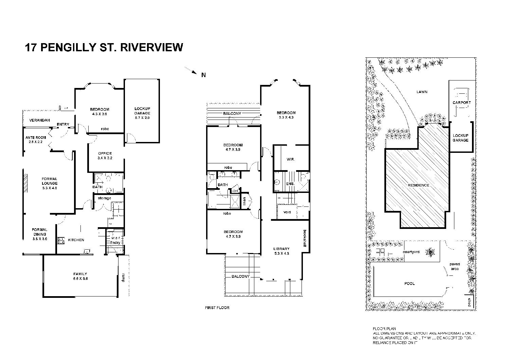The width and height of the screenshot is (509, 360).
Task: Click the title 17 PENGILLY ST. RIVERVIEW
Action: click(104, 47)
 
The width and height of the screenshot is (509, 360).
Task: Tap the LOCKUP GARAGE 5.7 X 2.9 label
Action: click(142, 113)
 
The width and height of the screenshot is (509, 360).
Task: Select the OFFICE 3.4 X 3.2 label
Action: click(105, 156)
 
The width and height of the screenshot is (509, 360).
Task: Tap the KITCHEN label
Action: click(76, 240)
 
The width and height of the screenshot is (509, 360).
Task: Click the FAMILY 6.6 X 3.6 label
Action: click(80, 276)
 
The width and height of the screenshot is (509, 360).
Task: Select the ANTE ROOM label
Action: click(36, 140)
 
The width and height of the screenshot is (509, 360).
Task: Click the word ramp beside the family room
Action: click(123, 278)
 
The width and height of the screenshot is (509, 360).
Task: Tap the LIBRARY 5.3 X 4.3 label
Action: click(281, 251)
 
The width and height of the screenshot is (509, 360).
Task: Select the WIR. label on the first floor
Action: click(290, 159)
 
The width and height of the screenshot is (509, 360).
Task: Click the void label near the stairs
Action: click(287, 212)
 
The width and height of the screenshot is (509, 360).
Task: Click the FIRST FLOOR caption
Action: click(217, 308)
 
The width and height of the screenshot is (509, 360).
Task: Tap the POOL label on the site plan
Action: click(410, 284)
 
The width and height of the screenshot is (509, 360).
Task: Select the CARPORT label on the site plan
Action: click(461, 103)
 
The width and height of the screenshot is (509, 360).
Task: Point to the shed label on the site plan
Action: click(469, 302)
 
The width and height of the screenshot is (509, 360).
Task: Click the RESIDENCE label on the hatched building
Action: click(419, 185)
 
